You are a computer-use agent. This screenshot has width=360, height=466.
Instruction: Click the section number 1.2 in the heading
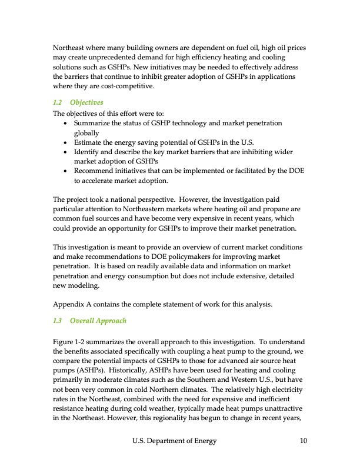(58, 102)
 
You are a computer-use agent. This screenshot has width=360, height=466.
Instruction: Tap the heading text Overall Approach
(98, 321)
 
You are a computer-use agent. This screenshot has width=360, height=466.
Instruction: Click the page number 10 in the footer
(302, 441)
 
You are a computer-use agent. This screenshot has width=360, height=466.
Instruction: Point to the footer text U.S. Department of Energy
(175, 441)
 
